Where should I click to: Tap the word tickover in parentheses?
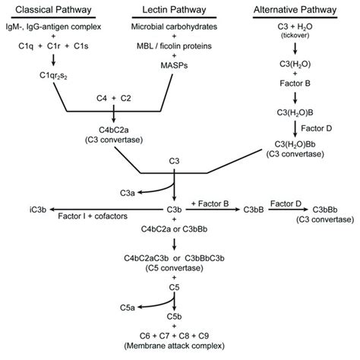(x=296, y=37)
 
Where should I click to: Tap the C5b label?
(x=175, y=313)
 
